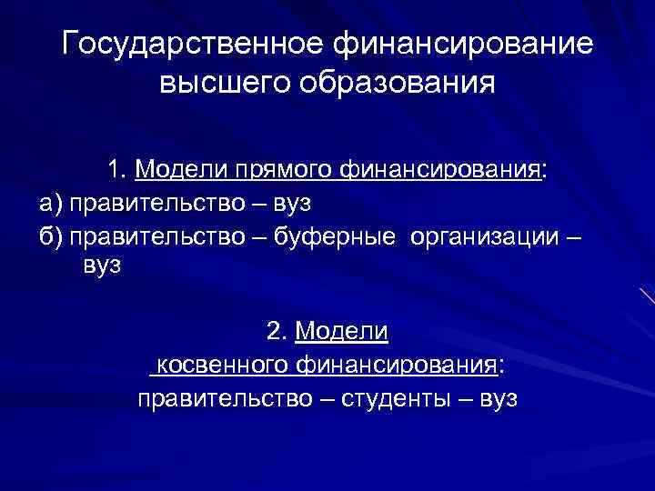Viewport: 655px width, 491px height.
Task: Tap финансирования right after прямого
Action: pyautogui.click(x=437, y=169)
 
